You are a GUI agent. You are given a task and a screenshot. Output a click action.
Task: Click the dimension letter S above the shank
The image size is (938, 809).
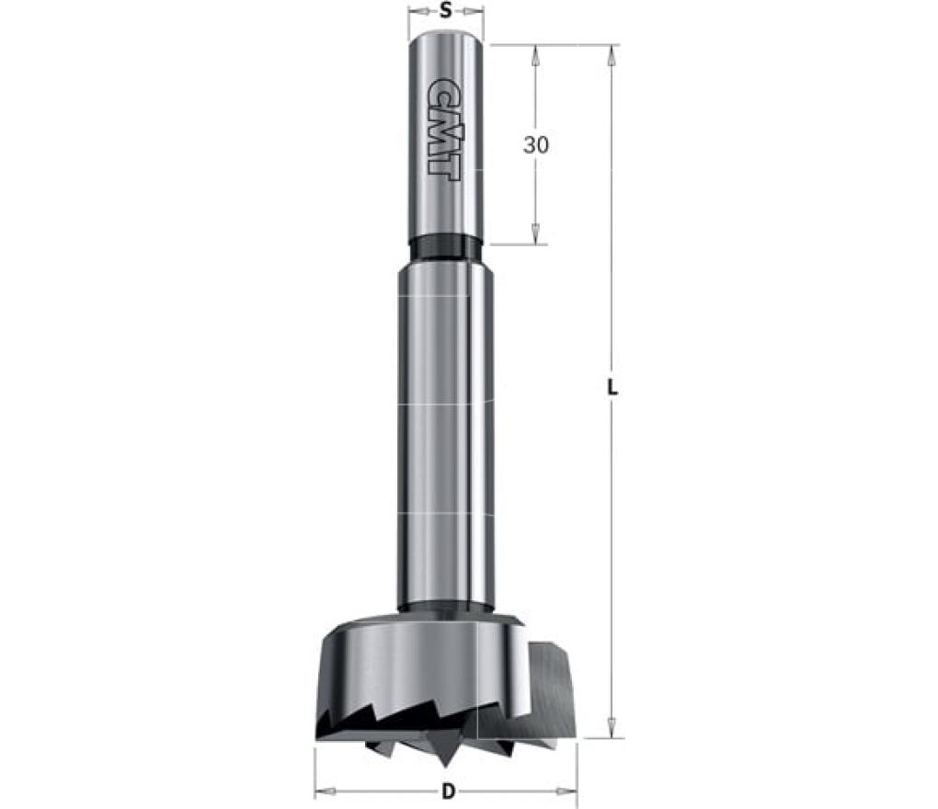click(445, 11)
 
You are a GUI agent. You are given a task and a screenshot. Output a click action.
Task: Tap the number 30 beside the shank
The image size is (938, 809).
click(535, 144)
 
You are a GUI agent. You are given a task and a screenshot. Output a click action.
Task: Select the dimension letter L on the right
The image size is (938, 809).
click(612, 389)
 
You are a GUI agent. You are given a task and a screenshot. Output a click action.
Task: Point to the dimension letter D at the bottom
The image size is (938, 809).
click(448, 792)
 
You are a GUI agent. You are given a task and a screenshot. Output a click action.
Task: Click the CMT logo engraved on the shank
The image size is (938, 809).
click(444, 127)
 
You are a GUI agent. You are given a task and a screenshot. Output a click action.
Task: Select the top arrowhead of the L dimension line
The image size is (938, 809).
click(612, 56)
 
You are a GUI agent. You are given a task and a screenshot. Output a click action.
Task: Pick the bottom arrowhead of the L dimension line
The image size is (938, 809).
click(612, 728)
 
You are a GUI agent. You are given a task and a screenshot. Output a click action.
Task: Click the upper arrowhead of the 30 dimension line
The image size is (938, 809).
click(535, 56)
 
